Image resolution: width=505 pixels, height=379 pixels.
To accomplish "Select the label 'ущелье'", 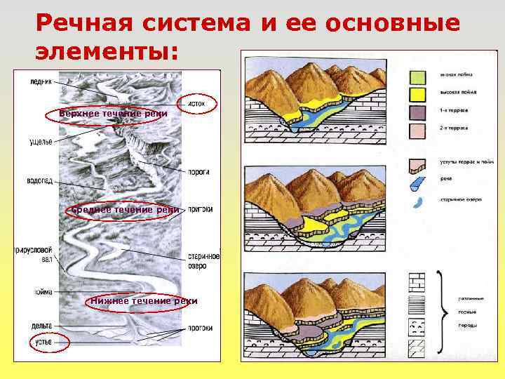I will [41, 142].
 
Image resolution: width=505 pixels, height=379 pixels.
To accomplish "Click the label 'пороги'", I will [199, 172].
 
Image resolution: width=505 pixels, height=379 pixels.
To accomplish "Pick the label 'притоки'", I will [201, 209].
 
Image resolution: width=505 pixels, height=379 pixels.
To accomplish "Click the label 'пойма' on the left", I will [43, 292].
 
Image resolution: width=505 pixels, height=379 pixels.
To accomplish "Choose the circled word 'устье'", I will [41, 342].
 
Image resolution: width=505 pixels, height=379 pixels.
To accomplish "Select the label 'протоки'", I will [199, 326].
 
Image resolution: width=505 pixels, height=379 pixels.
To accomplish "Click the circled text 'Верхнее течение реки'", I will [103, 114].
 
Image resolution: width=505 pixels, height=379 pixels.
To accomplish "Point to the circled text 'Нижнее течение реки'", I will [143, 301].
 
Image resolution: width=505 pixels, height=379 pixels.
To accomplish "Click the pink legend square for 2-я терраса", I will [417, 129].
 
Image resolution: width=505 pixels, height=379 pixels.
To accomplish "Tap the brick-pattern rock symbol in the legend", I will [417, 281].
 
